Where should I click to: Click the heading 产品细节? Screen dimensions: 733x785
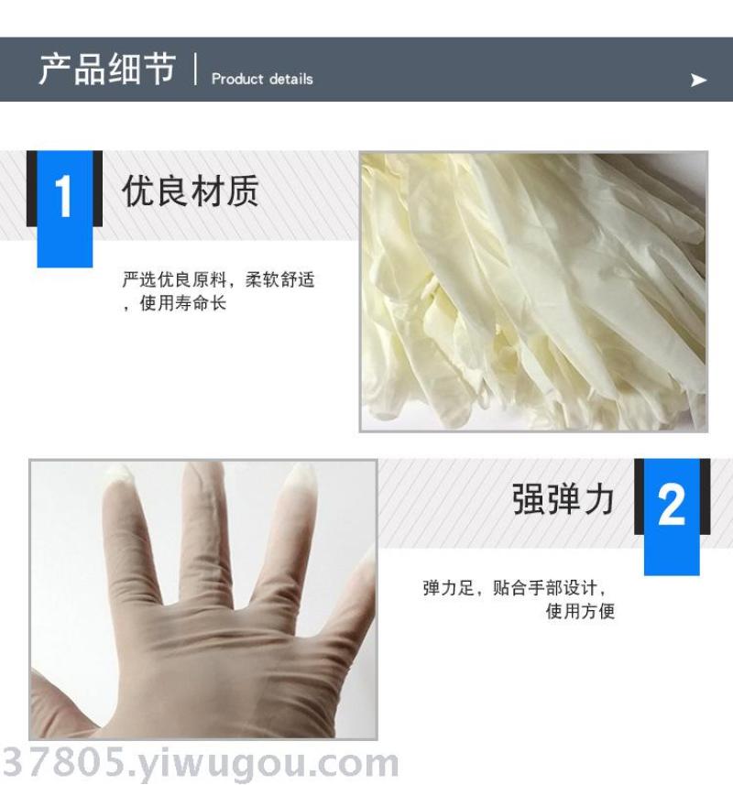[107, 69]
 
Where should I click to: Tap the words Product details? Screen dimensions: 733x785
[262, 79]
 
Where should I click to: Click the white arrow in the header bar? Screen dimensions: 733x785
[698, 80]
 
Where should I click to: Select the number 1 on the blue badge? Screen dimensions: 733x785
[63, 197]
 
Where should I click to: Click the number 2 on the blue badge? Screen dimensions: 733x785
[672, 505]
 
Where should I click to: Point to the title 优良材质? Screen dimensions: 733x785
[191, 191]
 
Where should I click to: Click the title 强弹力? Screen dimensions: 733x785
[563, 498]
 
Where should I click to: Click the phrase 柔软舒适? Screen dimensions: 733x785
[279, 278]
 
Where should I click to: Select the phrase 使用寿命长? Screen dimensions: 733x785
[183, 303]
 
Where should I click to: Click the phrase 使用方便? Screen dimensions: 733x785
[580, 611]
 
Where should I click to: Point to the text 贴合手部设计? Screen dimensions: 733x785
[545, 587]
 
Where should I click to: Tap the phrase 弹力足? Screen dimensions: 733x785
[448, 587]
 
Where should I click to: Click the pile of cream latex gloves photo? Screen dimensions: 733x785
[534, 291]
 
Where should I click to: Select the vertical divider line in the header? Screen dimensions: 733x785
[195, 69]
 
